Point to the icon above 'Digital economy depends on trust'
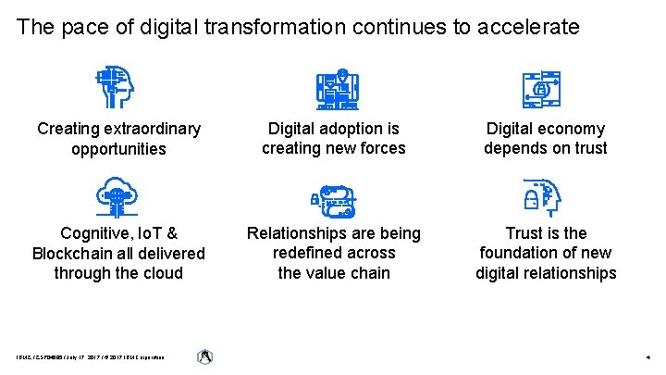[541, 89]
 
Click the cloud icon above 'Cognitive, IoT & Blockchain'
[118, 195]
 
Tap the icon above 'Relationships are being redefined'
[334, 198]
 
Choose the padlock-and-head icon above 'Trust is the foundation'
[541, 196]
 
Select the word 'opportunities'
[118, 149]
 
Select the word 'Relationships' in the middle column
[300, 233]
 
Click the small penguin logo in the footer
[205, 356]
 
